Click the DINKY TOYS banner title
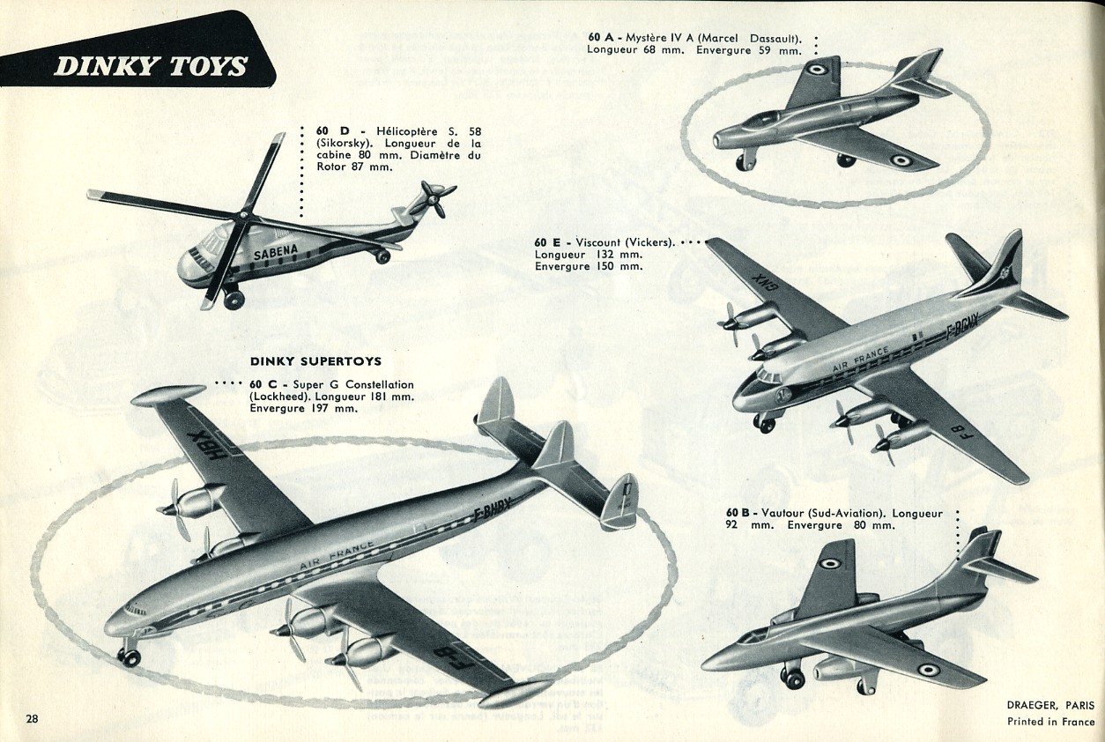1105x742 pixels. [151, 66]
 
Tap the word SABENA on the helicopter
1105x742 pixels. [276, 251]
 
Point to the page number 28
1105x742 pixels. [32, 718]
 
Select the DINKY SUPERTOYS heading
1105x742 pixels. [316, 361]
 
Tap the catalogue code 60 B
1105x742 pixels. [738, 513]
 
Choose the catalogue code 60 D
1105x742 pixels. [332, 131]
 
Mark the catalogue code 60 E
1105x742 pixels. [547, 242]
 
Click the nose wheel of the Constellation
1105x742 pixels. [129, 656]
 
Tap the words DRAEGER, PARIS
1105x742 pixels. [1050, 706]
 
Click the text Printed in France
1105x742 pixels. [1050, 722]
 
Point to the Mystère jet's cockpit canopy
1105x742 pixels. [763, 117]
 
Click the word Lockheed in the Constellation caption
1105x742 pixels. [278, 397]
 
